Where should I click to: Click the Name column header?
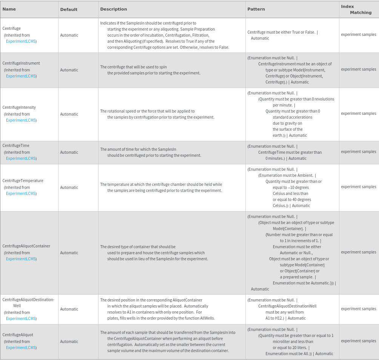(x=9, y=9)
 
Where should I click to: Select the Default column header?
(x=69, y=9)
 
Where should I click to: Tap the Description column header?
(x=114, y=9)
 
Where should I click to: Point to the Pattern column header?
(x=256, y=9)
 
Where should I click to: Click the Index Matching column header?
(x=356, y=9)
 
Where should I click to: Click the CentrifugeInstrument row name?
(x=21, y=63)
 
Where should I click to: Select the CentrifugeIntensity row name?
(x=19, y=107)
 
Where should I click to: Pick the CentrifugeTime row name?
(x=16, y=145)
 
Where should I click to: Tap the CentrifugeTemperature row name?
(x=23, y=181)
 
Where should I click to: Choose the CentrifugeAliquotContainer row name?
(x=26, y=246)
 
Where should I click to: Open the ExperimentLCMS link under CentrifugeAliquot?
(x=21, y=348)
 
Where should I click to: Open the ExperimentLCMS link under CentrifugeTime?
(x=21, y=158)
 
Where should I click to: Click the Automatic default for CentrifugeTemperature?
(x=69, y=187)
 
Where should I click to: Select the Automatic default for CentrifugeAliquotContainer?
(x=69, y=253)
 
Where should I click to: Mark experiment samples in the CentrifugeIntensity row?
(x=358, y=113)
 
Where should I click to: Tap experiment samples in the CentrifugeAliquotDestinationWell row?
(x=358, y=309)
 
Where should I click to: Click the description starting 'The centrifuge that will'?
(x=150, y=70)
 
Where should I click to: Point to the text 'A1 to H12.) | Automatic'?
(x=285, y=318)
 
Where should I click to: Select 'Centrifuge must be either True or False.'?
(x=281, y=32)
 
